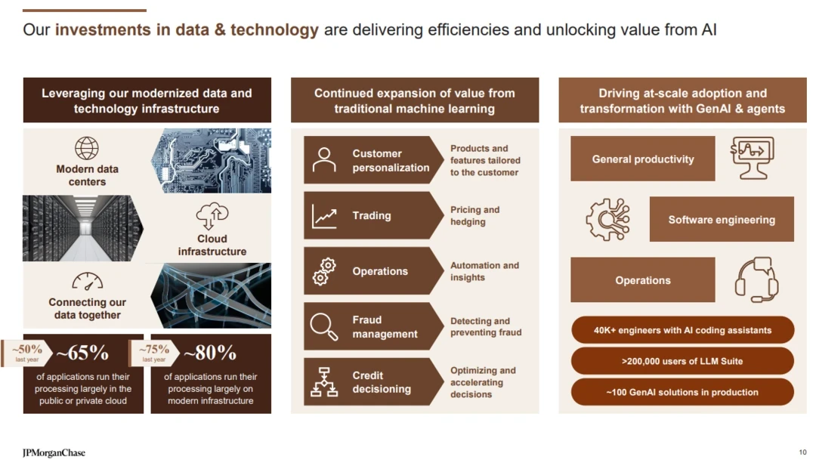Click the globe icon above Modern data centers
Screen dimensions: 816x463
point(86,148)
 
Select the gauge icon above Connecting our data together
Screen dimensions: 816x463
point(87,282)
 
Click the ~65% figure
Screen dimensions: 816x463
point(82,353)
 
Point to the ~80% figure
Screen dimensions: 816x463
point(210,353)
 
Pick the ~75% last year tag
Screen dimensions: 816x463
point(154,353)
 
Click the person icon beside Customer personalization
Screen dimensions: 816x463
point(324,159)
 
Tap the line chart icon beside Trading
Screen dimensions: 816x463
point(324,216)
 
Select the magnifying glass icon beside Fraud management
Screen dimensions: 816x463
point(323,327)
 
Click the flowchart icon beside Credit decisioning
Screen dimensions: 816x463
point(324,382)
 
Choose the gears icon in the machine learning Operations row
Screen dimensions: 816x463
point(324,272)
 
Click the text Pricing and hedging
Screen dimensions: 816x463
point(474,216)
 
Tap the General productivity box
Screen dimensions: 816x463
point(643,159)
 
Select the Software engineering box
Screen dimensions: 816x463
point(722,219)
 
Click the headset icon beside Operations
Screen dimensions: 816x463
point(756,279)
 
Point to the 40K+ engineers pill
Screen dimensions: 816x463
point(683,330)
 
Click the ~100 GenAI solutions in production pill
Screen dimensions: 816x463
point(683,392)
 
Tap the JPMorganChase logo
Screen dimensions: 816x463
point(54,452)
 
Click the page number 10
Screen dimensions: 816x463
point(802,452)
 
